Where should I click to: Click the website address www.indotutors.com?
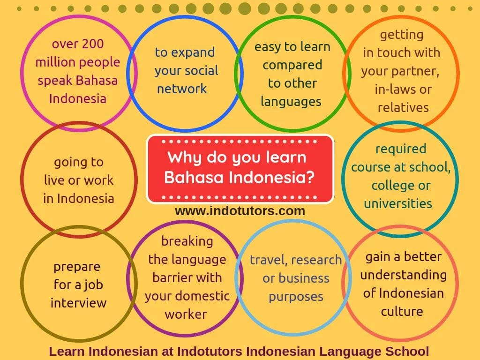pyautogui.click(x=240, y=211)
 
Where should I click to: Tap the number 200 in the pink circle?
pyautogui.click(x=93, y=44)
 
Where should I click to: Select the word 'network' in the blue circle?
pyautogui.click(x=182, y=89)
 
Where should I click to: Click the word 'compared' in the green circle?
pyautogui.click(x=292, y=65)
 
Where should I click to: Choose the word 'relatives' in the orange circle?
pyautogui.click(x=403, y=107)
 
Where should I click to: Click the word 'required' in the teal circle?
pyautogui.click(x=401, y=149)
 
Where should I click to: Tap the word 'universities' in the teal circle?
pyautogui.click(x=398, y=203)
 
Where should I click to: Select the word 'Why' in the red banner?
pyautogui.click(x=181, y=157)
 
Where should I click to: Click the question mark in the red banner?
pyautogui.click(x=309, y=177)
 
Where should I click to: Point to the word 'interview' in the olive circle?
pyautogui.click(x=78, y=303)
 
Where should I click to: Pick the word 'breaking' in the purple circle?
pyautogui.click(x=187, y=241)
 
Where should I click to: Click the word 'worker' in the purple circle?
pyautogui.click(x=186, y=314)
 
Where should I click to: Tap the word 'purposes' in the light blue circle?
pyautogui.click(x=296, y=297)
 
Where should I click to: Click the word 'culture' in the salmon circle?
pyautogui.click(x=402, y=311)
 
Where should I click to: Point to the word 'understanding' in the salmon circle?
pyautogui.click(x=403, y=275)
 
